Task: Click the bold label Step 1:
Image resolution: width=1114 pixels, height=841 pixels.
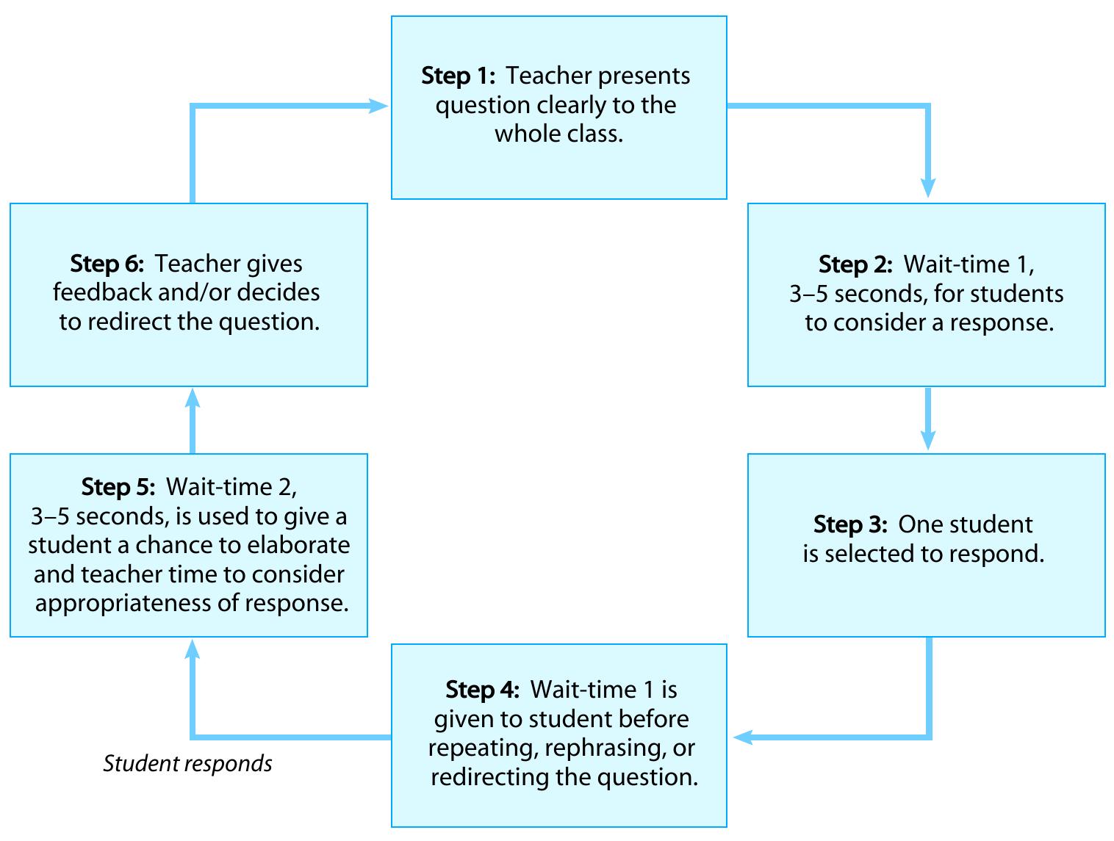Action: pos(459,76)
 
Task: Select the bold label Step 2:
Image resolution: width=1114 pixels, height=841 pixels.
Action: pos(855,264)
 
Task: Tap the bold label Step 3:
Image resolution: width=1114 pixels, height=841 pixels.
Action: pos(850,524)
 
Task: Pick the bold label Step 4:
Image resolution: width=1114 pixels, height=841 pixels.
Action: pos(482,690)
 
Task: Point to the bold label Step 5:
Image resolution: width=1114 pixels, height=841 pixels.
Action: pos(118,487)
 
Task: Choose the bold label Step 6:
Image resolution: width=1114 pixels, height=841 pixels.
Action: pos(107,264)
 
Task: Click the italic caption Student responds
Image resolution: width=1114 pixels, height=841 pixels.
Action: pos(187,764)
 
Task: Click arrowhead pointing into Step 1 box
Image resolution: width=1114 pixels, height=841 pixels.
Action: pos(378,107)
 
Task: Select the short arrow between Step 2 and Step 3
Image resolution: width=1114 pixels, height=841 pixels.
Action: pos(928,419)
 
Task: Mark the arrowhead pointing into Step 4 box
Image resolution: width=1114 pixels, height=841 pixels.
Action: pos(743,737)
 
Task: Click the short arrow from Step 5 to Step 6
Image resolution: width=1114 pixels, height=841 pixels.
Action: pos(193,420)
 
